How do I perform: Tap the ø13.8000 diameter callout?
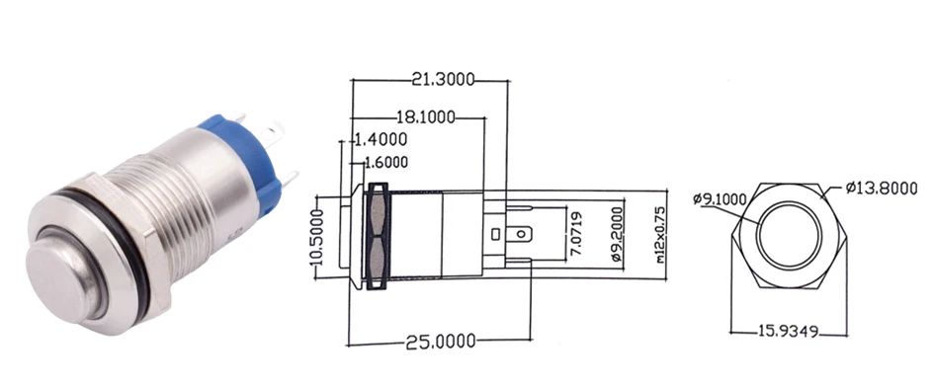click(882, 188)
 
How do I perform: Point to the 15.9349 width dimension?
click(789, 333)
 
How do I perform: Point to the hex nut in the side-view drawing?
click(376, 238)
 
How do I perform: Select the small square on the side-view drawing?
click(493, 234)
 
